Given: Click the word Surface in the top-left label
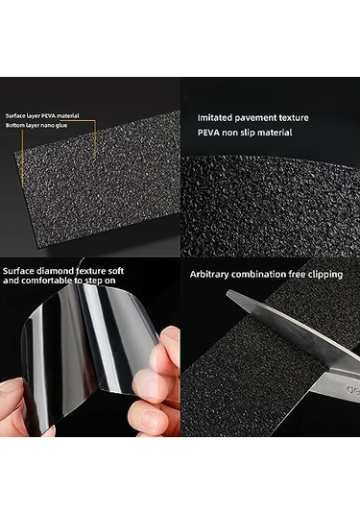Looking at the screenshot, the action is point(13,115).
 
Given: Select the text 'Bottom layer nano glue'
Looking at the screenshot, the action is point(36,125).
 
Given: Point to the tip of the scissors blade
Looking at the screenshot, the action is point(227,292).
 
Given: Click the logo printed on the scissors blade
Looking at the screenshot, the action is point(353,390).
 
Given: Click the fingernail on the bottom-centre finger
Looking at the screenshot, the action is point(150,418).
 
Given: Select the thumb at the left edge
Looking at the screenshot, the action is point(11,398).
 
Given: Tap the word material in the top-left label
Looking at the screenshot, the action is point(68,115).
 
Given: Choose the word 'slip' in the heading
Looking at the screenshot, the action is point(247,133).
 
